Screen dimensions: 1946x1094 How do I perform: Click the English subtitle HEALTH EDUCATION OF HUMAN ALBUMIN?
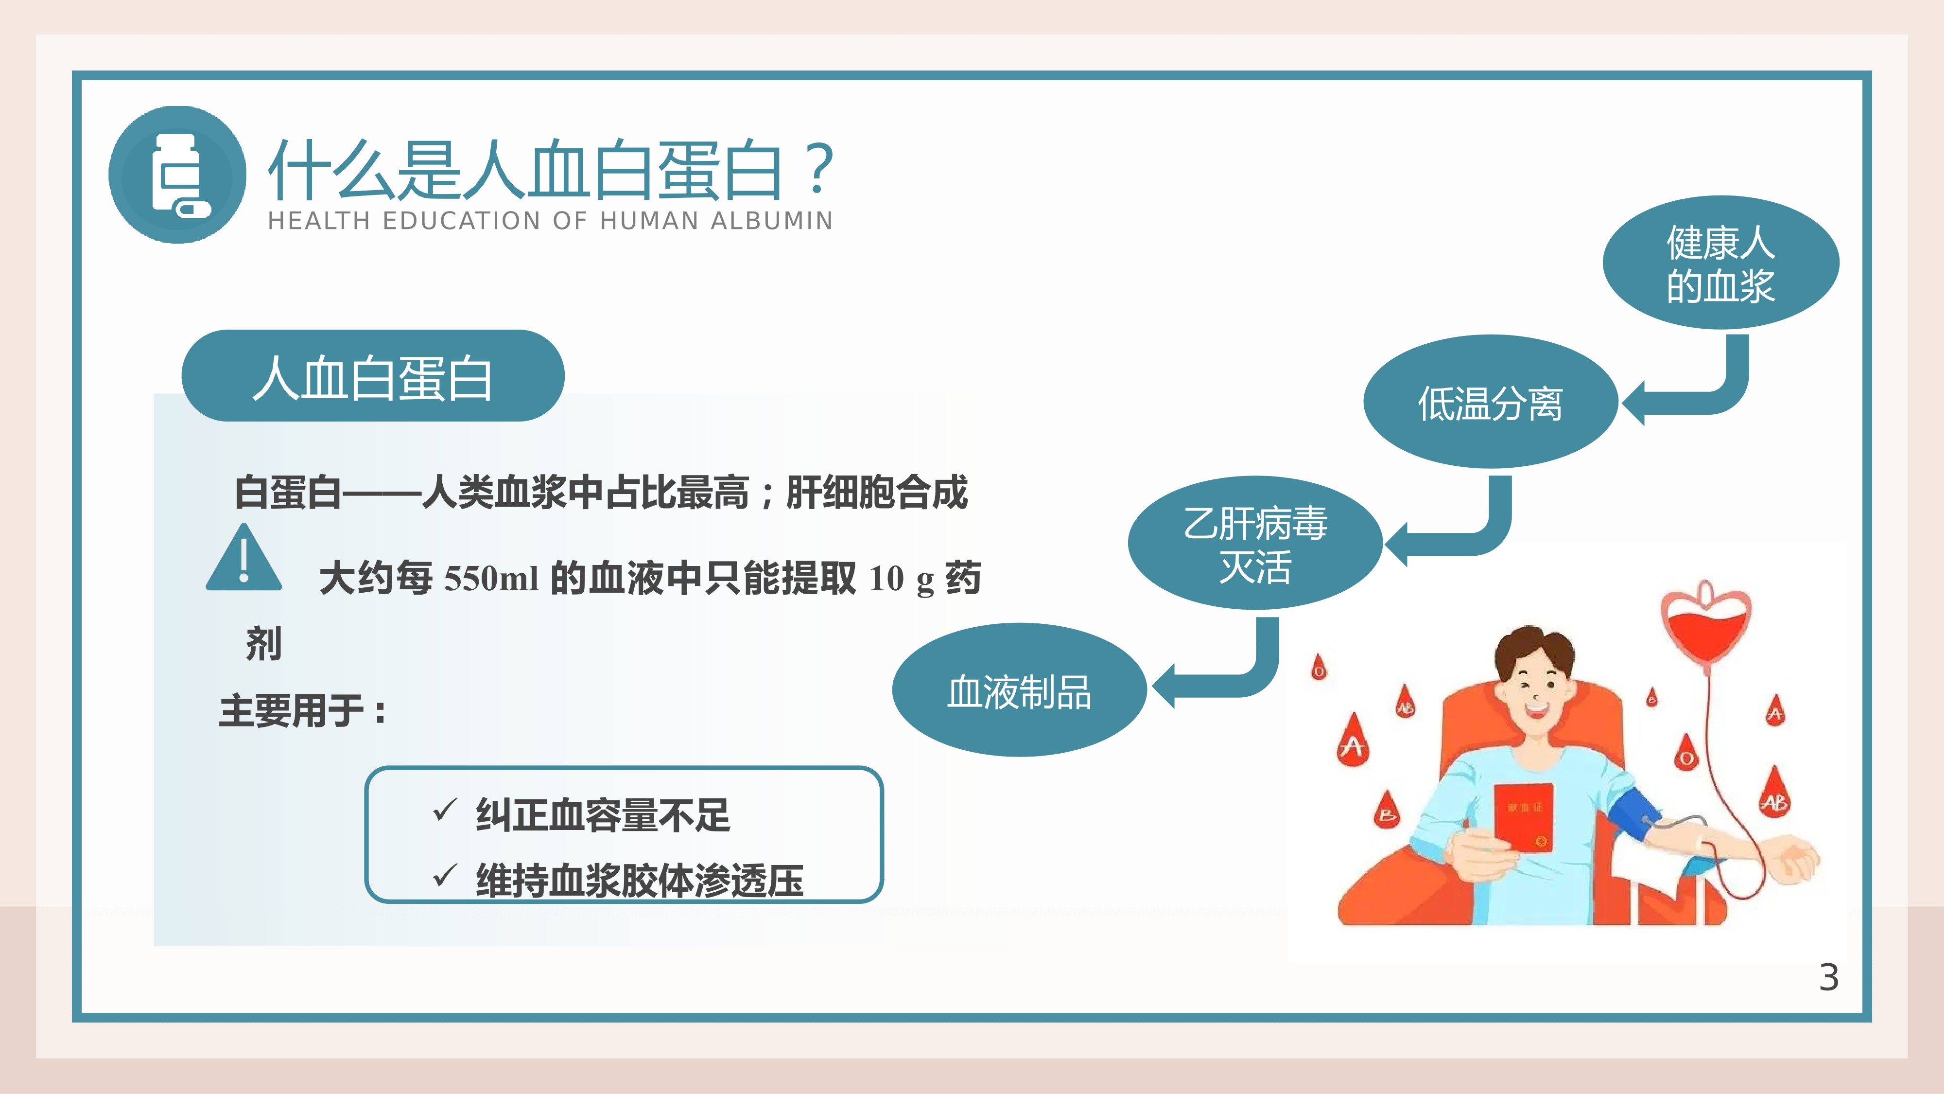point(551,221)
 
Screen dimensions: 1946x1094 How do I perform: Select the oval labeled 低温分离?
point(1490,402)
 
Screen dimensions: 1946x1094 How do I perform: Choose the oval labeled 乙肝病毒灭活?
point(1255,543)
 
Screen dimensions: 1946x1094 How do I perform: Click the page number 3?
point(1828,978)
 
